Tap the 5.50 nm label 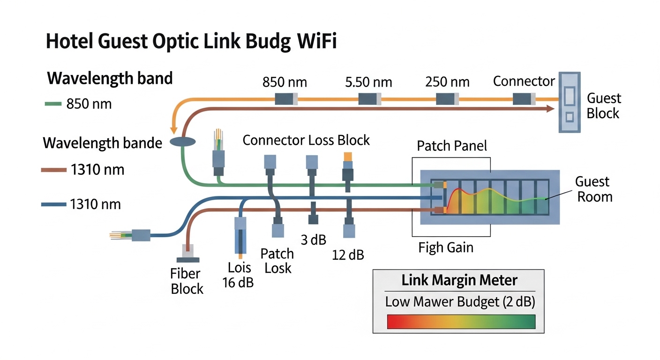368,82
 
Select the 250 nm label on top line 447,82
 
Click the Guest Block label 604,106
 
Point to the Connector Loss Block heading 306,140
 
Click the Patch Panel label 452,146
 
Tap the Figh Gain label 445,247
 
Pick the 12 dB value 348,255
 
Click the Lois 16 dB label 240,275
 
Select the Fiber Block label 187,281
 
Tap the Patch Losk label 277,261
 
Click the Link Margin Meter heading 459,280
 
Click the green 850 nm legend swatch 53,104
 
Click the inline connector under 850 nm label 285,99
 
